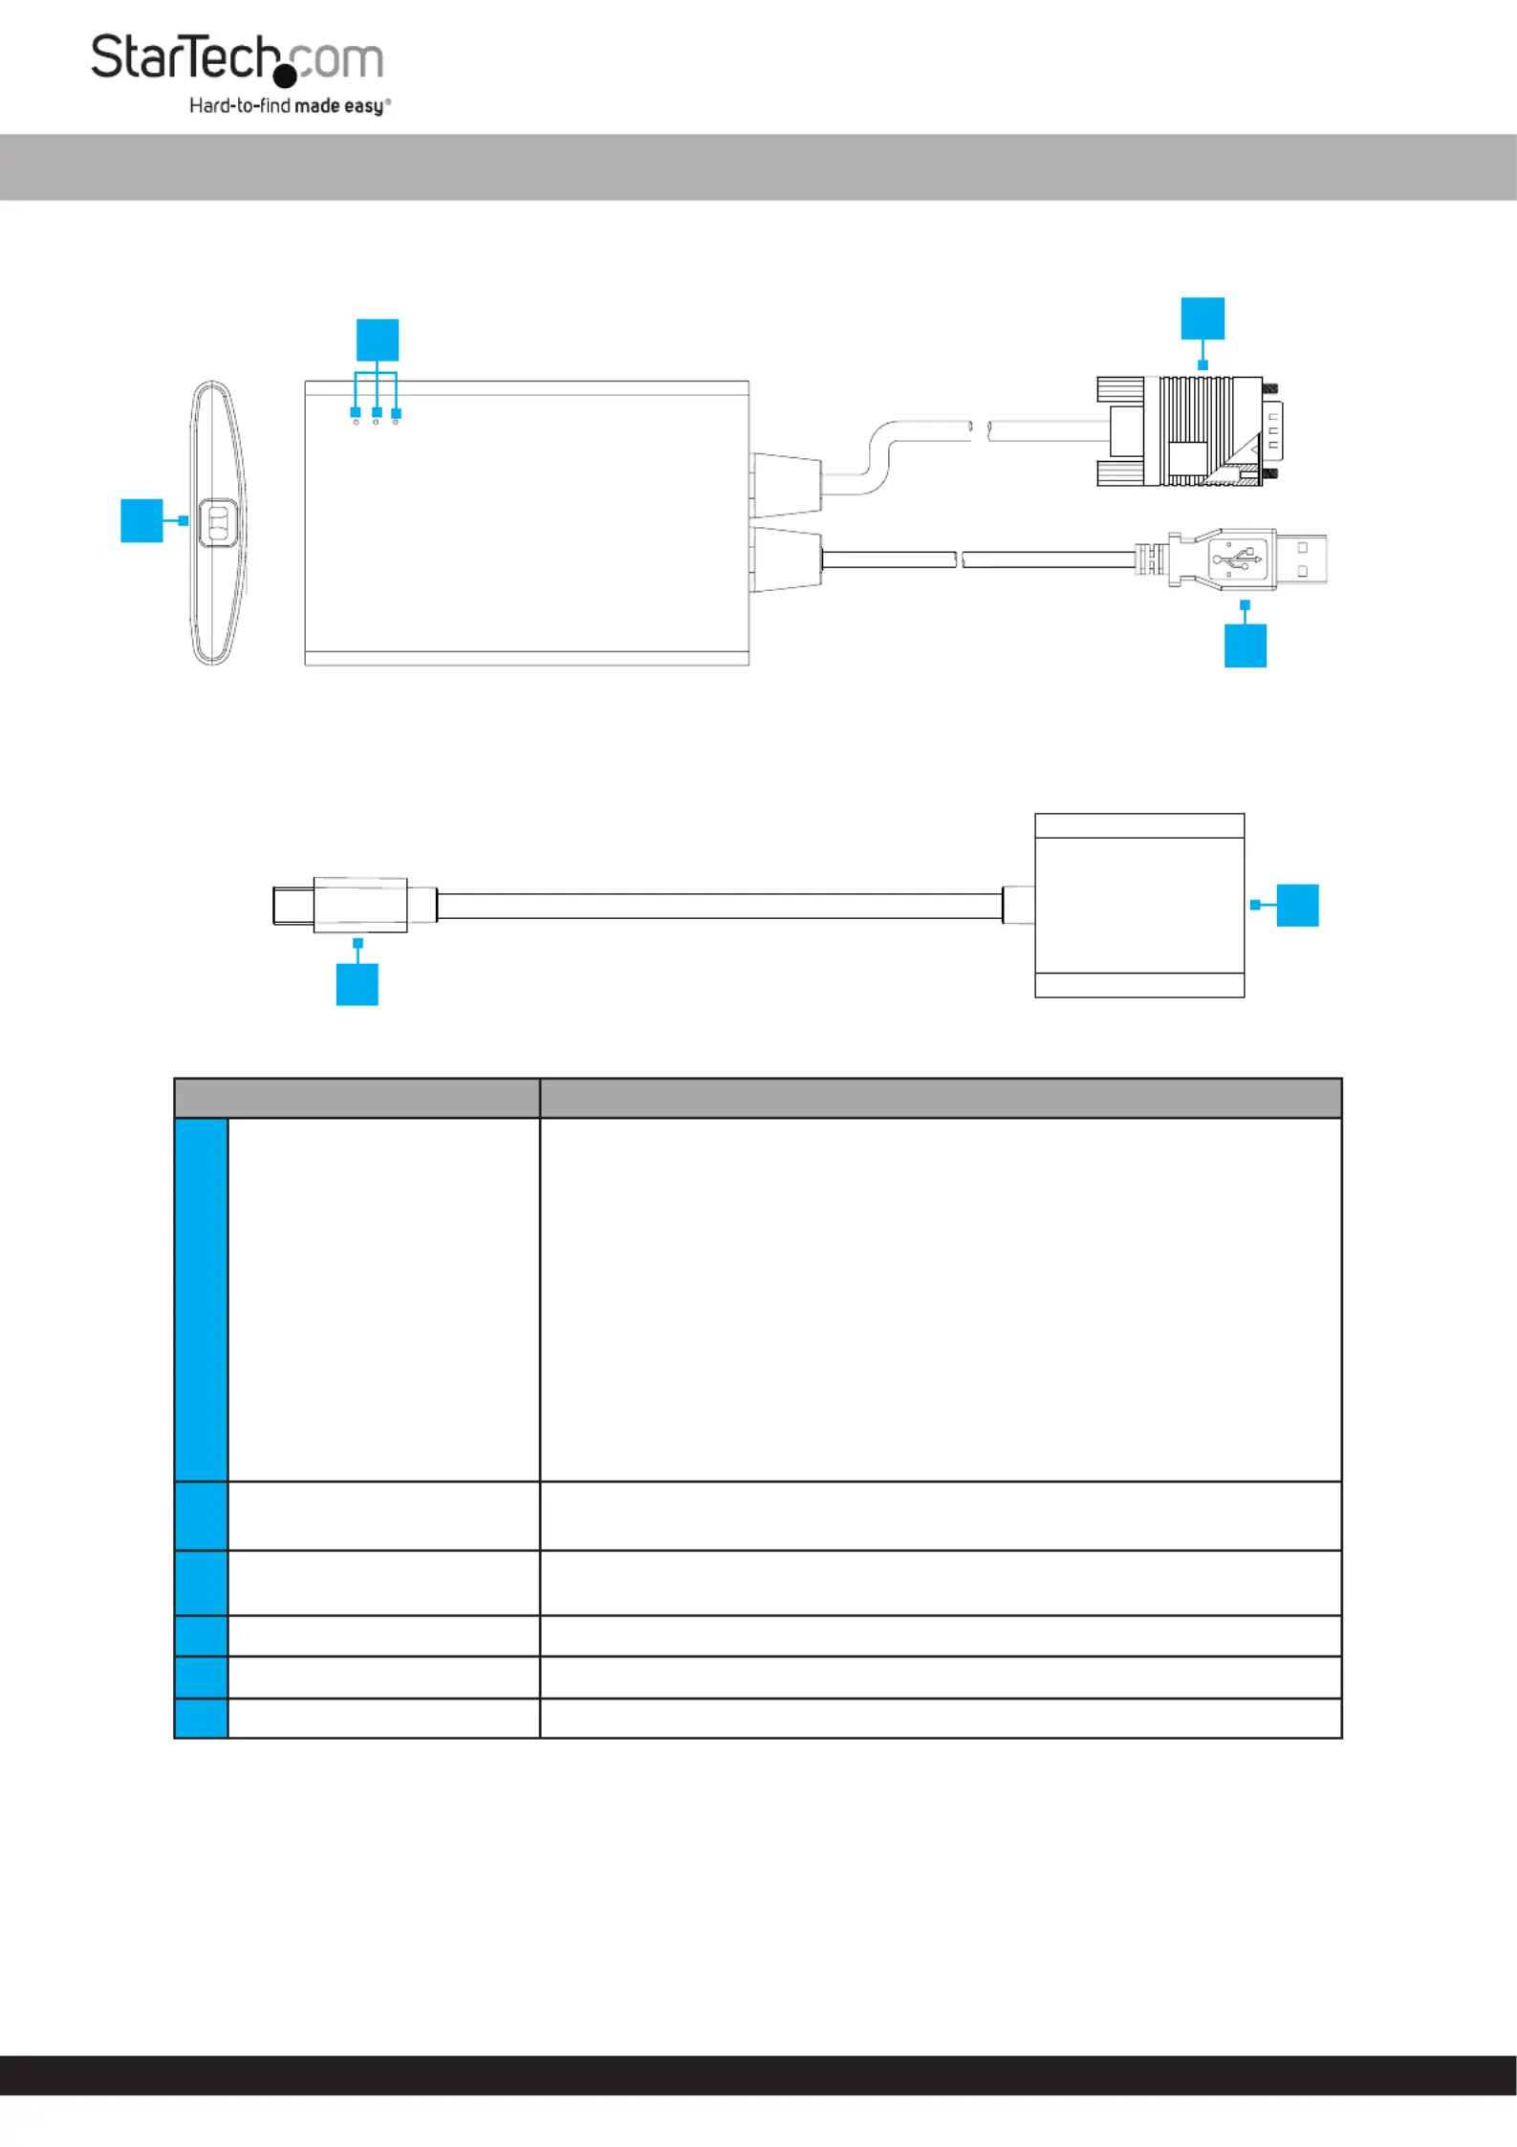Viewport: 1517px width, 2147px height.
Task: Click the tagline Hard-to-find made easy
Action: pos(290,105)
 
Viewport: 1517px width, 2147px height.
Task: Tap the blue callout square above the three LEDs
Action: pos(377,340)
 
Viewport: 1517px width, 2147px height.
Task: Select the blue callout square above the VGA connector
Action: pos(1203,318)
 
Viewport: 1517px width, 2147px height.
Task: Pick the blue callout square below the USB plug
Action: pos(1246,646)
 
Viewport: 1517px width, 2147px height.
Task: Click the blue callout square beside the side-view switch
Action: pos(141,520)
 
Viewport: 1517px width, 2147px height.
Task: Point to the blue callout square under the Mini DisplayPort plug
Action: pos(358,984)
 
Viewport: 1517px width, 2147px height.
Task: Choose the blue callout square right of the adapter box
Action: pos(1298,906)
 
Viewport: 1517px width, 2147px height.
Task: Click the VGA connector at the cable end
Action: pos(1189,430)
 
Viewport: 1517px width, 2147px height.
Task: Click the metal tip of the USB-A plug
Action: pos(1301,559)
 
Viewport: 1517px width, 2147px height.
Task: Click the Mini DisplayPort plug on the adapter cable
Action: pos(341,905)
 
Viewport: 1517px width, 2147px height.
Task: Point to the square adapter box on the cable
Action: pos(1139,906)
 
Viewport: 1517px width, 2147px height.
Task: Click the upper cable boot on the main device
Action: pos(786,484)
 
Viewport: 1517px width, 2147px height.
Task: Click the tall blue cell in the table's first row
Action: pos(202,1299)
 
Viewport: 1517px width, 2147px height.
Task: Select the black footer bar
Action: pos(758,2075)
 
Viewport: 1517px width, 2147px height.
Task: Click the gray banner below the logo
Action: pos(758,167)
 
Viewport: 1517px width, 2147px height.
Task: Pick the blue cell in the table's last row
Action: pos(202,1719)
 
